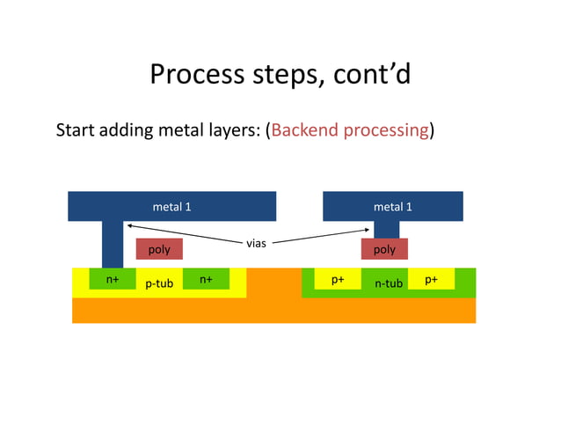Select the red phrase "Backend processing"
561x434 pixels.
[350, 130]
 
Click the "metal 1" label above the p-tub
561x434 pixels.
[172, 207]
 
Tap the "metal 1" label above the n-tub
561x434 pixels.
[392, 207]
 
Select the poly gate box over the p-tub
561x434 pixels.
[159, 249]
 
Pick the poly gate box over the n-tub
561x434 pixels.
[384, 249]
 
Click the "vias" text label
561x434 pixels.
[256, 242]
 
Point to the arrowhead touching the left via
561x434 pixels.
[128, 229]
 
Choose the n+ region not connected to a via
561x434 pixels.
[206, 279]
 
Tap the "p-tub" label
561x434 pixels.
[159, 284]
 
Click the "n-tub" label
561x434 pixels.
[388, 284]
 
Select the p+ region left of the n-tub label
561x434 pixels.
[338, 279]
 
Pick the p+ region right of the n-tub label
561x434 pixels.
[432, 279]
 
